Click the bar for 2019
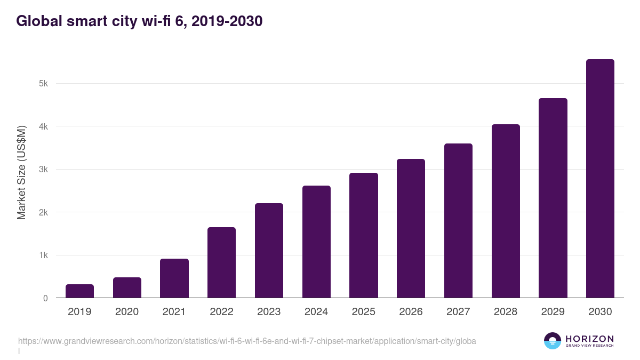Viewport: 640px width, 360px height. [79, 291]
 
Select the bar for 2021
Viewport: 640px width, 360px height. [174, 278]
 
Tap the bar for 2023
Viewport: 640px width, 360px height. [269, 251]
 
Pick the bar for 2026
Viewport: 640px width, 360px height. [411, 228]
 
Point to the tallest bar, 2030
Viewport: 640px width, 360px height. [600, 179]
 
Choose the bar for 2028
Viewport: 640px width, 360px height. [506, 211]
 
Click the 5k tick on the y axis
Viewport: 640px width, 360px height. [43, 84]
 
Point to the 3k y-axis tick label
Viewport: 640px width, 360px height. [43, 170]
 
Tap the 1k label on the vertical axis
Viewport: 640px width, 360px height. [43, 255]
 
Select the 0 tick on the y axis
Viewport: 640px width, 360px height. [45, 298]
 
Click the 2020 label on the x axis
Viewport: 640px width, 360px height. [127, 312]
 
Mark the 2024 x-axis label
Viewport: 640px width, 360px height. [316, 312]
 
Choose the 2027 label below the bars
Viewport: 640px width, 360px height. [458, 312]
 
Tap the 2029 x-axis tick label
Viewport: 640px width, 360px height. [553, 312]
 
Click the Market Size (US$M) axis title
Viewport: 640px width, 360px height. [21, 173]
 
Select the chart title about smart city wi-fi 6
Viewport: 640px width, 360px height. [139, 21]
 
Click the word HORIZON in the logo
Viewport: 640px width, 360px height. [589, 339]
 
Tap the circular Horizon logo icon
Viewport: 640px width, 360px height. [553, 341]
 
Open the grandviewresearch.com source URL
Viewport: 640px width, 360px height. [247, 341]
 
